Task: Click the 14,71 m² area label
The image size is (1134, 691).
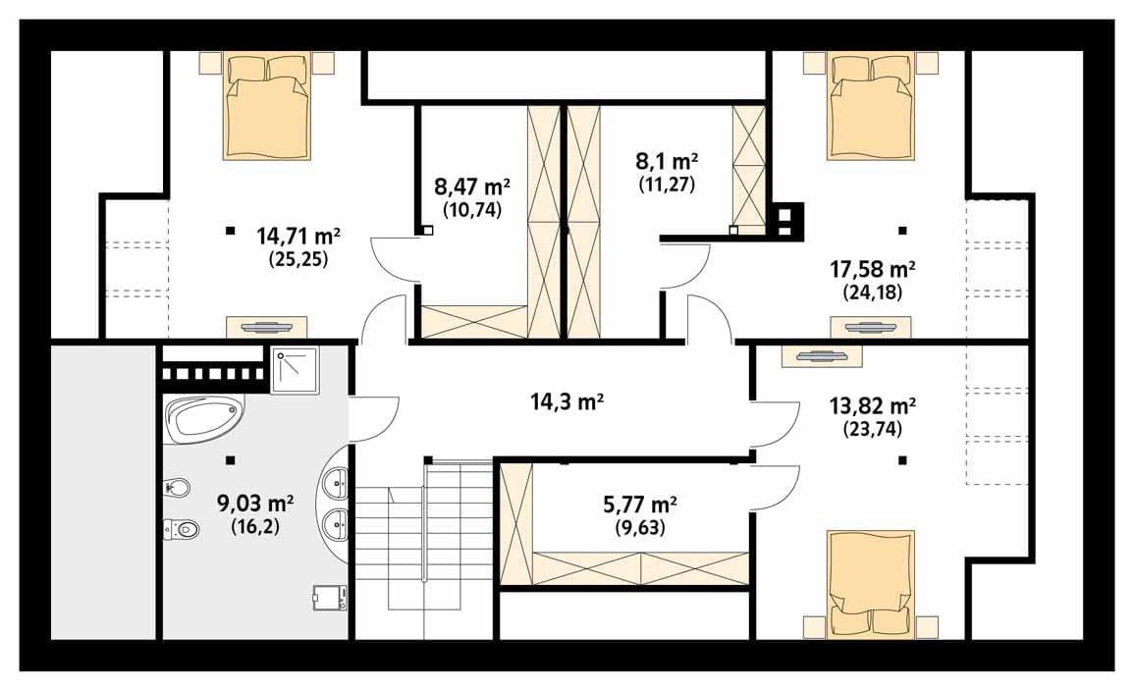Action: (297, 237)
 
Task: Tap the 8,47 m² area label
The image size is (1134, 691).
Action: (471, 187)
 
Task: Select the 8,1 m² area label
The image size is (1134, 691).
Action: (667, 161)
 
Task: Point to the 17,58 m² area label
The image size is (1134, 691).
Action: (872, 270)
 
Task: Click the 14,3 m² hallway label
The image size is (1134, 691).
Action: (567, 401)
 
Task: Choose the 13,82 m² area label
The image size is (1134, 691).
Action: (872, 406)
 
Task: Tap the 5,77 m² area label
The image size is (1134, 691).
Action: (640, 504)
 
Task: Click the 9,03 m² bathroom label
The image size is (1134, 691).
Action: (255, 503)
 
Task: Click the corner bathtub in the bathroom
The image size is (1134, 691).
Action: (204, 418)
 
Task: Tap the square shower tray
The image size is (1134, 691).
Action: (295, 370)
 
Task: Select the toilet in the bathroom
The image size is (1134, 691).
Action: (181, 530)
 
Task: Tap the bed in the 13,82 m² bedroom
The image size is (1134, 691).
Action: (872, 585)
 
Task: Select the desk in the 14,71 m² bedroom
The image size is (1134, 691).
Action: (266, 327)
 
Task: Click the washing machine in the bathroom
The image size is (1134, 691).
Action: (330, 598)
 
